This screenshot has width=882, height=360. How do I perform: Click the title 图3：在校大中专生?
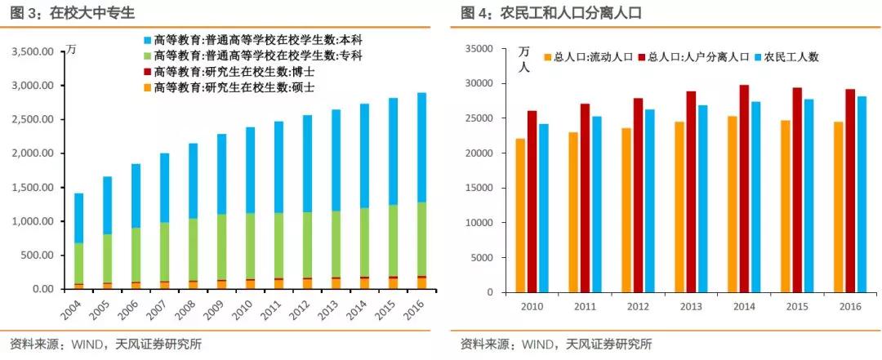click(69, 13)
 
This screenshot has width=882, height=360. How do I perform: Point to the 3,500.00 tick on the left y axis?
click(33, 51)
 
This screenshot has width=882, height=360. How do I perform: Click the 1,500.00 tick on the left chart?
click(33, 188)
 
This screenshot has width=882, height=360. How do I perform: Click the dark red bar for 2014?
click(744, 188)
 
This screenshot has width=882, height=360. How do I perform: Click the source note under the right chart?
click(556, 344)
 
